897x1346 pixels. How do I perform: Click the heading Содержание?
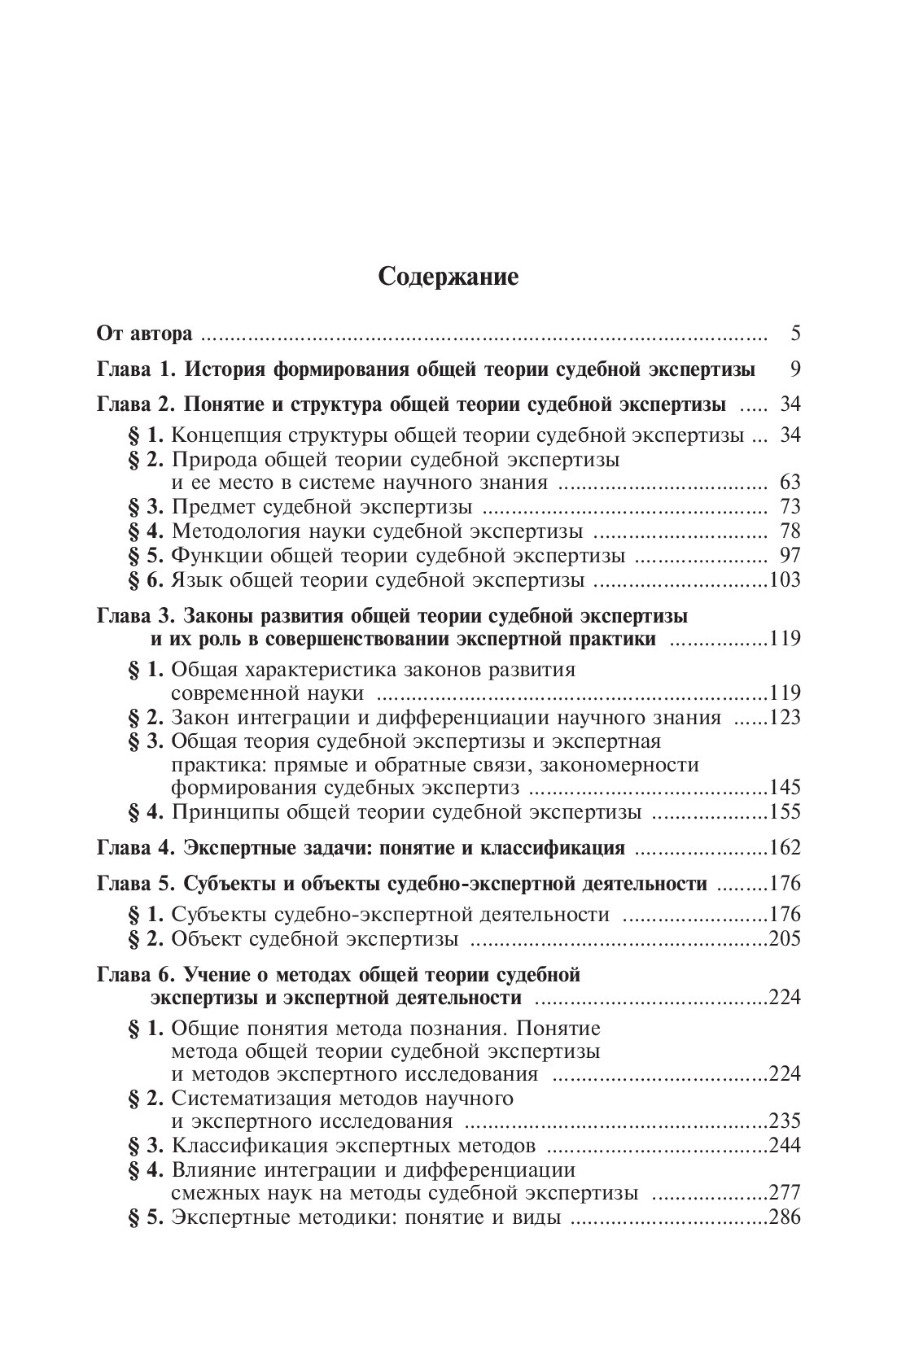448,278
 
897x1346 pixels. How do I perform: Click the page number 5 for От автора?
795,334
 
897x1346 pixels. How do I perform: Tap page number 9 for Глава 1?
795,369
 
